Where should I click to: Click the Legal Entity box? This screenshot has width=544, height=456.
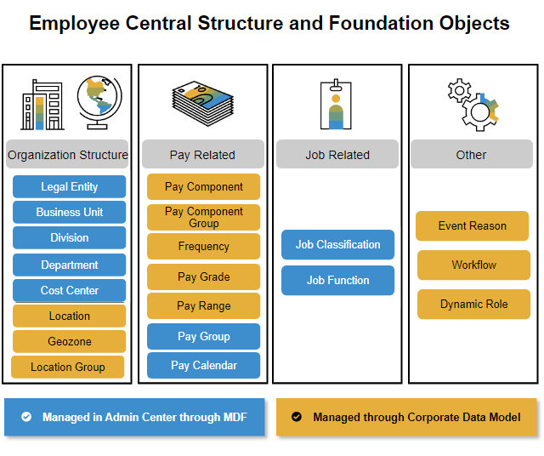point(70,186)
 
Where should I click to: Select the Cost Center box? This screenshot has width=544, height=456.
point(70,290)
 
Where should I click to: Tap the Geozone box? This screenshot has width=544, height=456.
point(70,341)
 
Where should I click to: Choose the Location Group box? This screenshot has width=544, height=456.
point(68,367)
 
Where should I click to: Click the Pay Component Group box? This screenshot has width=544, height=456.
point(204,218)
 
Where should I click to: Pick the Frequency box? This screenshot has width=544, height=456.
point(204,246)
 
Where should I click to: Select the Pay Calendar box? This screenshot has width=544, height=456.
point(204,365)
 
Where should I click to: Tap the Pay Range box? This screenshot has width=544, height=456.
point(204,306)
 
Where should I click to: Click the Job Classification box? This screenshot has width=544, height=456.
point(338,244)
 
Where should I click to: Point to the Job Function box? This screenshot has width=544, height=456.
point(338,280)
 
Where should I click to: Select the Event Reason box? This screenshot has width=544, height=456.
point(473,225)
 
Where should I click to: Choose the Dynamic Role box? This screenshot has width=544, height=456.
point(474,305)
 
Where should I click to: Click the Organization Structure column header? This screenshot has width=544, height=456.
point(67,154)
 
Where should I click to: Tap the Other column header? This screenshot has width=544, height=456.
point(472,154)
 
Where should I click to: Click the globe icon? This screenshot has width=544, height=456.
point(99,102)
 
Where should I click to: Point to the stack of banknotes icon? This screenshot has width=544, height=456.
point(203,103)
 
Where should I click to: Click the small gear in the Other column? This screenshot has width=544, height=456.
point(459,90)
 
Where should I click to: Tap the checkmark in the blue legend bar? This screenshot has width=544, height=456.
point(26,416)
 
